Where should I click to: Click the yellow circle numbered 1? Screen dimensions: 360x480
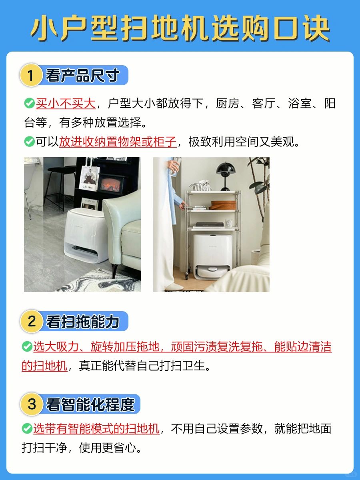tap(31, 75)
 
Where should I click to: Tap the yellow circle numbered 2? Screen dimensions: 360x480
tap(31, 321)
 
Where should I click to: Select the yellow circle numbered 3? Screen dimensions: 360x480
tap(31, 404)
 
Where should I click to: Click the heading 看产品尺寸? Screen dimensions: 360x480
tap(82, 75)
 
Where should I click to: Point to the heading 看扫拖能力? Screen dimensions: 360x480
tap(82, 322)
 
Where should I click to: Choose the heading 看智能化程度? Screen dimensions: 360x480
tap(90, 404)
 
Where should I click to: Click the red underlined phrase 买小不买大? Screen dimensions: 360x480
tap(66, 104)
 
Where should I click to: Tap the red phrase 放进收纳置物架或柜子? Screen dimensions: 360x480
tap(118, 142)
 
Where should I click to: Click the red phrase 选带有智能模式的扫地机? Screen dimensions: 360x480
tap(96, 428)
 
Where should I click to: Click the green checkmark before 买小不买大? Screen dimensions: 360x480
tap(29, 103)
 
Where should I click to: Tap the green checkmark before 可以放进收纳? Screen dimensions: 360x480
tap(29, 142)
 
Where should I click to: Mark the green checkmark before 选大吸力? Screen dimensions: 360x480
tap(27, 346)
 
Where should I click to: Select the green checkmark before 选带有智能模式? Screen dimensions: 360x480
tap(27, 428)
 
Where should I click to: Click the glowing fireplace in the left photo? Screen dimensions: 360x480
tap(111, 184)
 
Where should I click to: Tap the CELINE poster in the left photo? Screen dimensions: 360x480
tap(89, 178)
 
